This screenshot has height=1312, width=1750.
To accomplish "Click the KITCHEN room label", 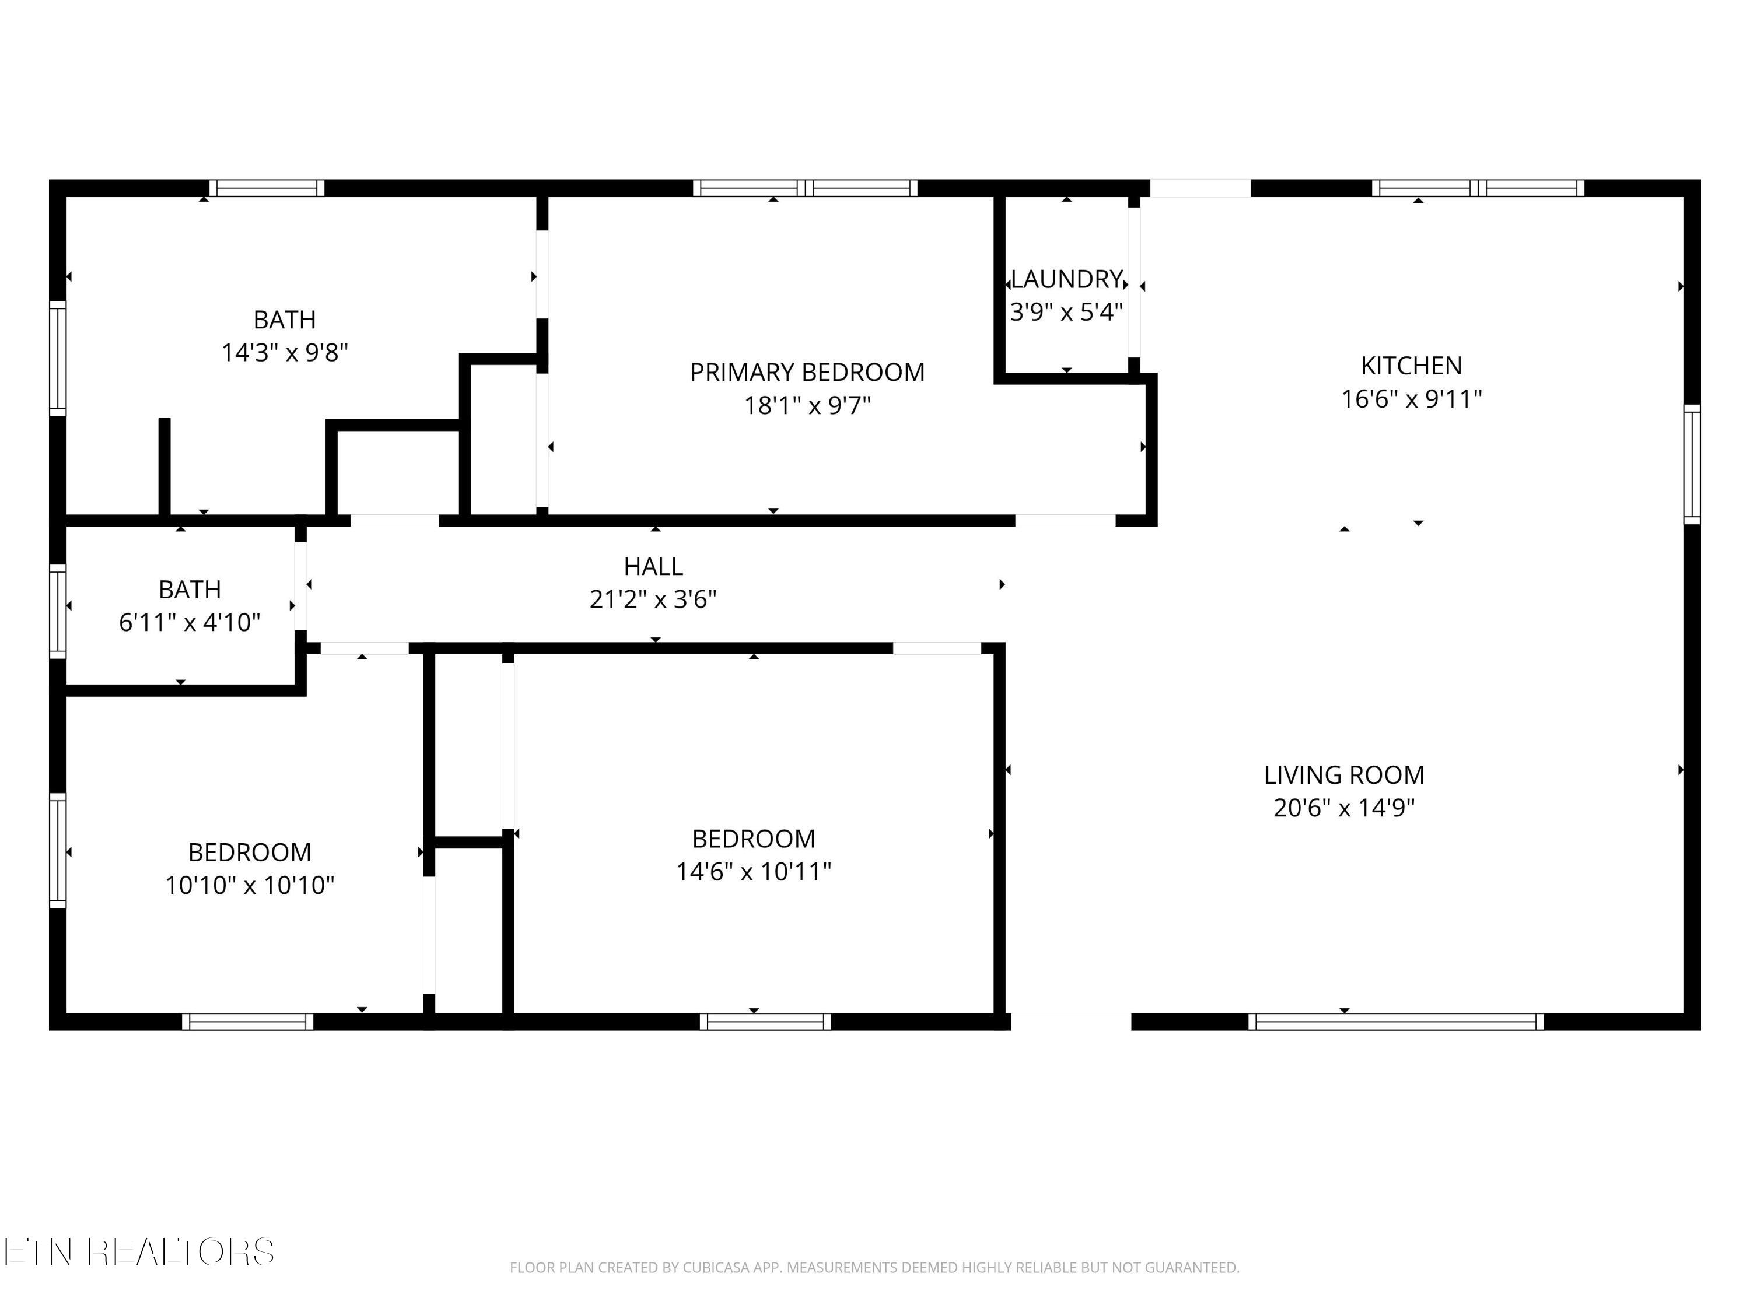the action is coord(1412,366).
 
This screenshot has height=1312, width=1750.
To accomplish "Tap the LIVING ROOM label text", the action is coord(1344,775).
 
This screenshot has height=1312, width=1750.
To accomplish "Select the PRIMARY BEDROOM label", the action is coord(807,371).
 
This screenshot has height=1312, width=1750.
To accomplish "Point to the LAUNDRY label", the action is coord(1066,279).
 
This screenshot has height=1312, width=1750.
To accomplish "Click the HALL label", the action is coord(653,566).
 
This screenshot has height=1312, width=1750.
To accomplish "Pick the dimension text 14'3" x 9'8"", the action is coord(285,352).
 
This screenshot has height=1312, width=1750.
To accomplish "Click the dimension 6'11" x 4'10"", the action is coord(190,622).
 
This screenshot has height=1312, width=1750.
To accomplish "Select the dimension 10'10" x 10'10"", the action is coord(250,885).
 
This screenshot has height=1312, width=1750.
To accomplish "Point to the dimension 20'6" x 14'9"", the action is coord(1344,808).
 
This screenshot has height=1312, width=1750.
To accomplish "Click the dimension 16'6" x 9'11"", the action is coord(1412,399).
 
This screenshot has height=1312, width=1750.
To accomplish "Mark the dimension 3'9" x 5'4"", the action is coord(1066,313).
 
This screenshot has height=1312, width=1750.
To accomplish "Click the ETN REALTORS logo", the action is coord(139,1252).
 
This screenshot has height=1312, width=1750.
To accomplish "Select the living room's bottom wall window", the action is coord(1395,1021).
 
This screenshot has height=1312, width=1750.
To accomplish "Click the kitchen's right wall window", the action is coord(1692,464).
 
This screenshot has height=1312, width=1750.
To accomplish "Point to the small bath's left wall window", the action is coord(58,611).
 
